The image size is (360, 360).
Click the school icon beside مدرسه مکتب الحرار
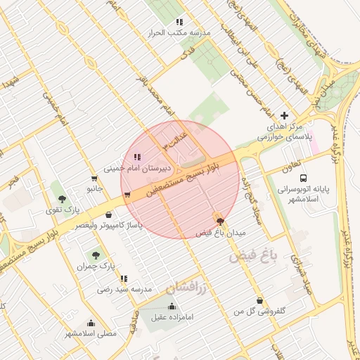pyautogui.click(x=179, y=22)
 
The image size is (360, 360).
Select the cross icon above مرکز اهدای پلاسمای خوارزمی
pyautogui.click(x=284, y=115)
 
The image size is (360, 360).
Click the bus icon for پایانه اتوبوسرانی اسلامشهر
pyautogui.click(x=303, y=178)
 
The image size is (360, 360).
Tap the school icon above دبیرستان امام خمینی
pyautogui.click(x=136, y=157)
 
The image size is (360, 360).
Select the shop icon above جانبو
pyautogui.click(x=94, y=179)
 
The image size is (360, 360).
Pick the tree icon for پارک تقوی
pyautogui.click(x=63, y=199)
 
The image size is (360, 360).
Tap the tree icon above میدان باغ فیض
pyautogui.click(x=221, y=221)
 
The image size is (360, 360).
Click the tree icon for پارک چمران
pyautogui.click(x=96, y=255)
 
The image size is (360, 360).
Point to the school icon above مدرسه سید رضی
pyautogui.click(x=124, y=278)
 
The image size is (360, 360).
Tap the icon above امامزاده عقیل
pyautogui.click(x=172, y=306)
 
